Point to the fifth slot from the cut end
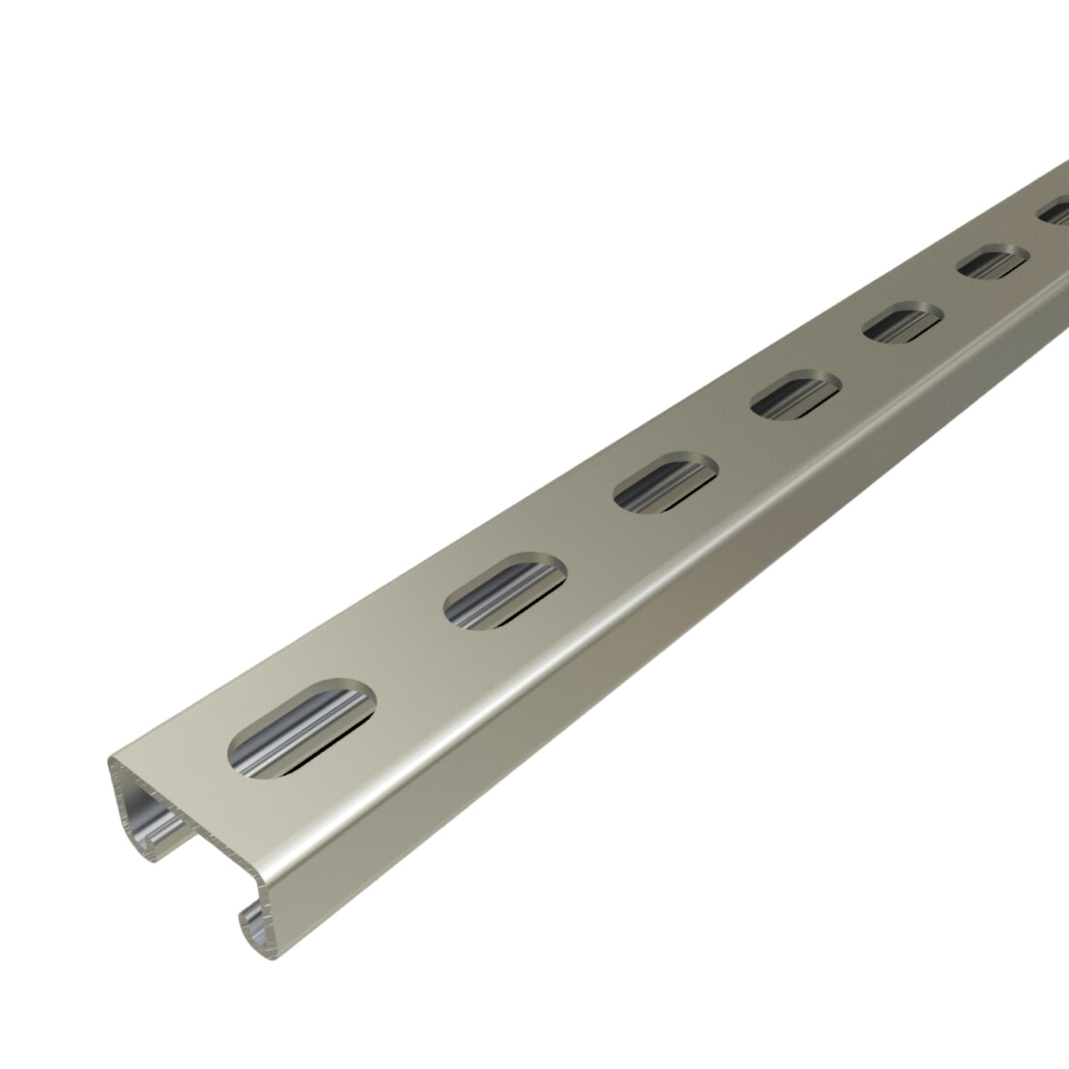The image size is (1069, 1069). click(x=901, y=323)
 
